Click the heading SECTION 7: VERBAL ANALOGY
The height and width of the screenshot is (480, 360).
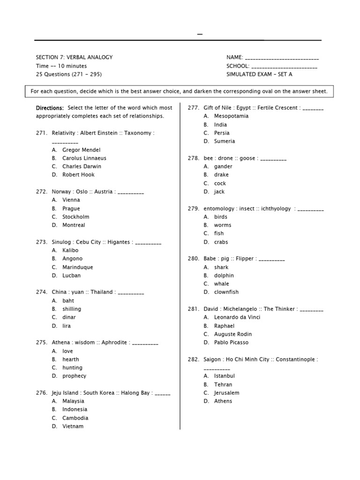[74, 57]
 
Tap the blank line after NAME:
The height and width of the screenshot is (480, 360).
[282, 58]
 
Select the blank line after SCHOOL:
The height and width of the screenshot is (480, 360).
[285, 67]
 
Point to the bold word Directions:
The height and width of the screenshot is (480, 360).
[50, 108]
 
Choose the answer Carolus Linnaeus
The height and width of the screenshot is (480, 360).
[84, 158]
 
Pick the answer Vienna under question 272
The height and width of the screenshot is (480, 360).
[71, 200]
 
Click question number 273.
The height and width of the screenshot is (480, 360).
[42, 242]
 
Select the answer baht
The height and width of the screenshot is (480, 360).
[68, 300]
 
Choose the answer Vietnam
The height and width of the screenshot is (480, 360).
[73, 426]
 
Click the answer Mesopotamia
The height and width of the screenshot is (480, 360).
[231, 116]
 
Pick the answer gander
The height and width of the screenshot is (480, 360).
[223, 166]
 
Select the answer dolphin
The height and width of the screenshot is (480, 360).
[224, 275]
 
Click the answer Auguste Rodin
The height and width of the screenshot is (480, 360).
[232, 334]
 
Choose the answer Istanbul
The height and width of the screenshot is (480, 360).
[225, 375]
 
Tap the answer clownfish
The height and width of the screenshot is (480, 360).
[226, 292]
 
